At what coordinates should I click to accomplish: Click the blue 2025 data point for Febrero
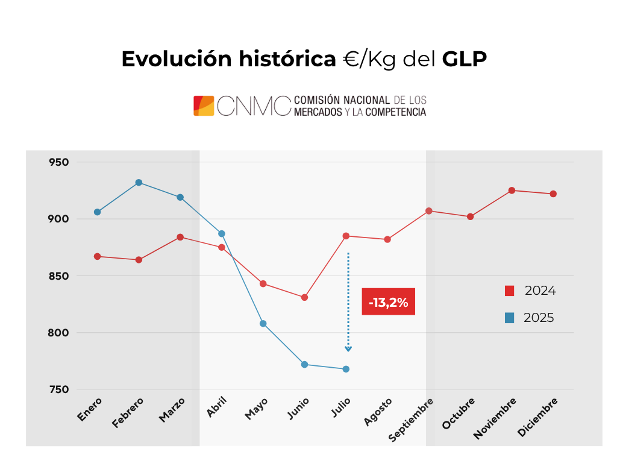(139, 182)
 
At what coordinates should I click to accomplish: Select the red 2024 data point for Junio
(304, 297)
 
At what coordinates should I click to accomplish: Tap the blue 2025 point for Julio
(346, 369)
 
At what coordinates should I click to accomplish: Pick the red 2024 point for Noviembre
(512, 191)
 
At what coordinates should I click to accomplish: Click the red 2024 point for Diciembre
(553, 194)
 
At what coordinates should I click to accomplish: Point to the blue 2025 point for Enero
(97, 212)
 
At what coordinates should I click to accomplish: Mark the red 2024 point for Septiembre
(428, 211)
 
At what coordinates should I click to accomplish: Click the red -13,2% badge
(388, 302)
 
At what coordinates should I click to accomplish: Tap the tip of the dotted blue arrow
(348, 350)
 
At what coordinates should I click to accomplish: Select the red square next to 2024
(509, 291)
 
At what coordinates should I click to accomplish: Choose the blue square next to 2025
(509, 318)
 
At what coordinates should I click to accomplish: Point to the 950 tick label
(59, 162)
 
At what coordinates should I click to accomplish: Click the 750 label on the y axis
(59, 389)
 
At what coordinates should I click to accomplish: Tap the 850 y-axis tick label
(59, 276)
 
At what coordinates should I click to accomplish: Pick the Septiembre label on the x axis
(412, 420)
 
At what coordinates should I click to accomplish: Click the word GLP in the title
(464, 59)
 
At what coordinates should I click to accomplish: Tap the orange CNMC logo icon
(204, 106)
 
